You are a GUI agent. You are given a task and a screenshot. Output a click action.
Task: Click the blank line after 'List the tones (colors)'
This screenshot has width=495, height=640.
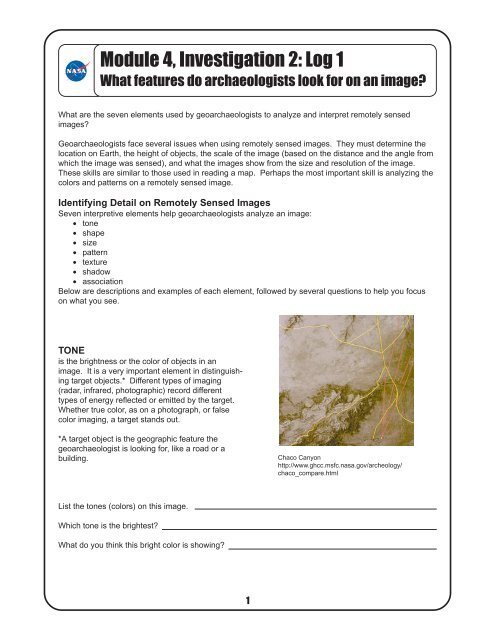pyautogui.click(x=316, y=509)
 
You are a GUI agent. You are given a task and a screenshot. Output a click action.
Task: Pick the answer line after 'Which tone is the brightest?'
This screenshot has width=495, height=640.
pyautogui.click(x=300, y=528)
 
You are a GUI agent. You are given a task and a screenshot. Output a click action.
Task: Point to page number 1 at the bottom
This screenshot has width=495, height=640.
pyautogui.click(x=247, y=601)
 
